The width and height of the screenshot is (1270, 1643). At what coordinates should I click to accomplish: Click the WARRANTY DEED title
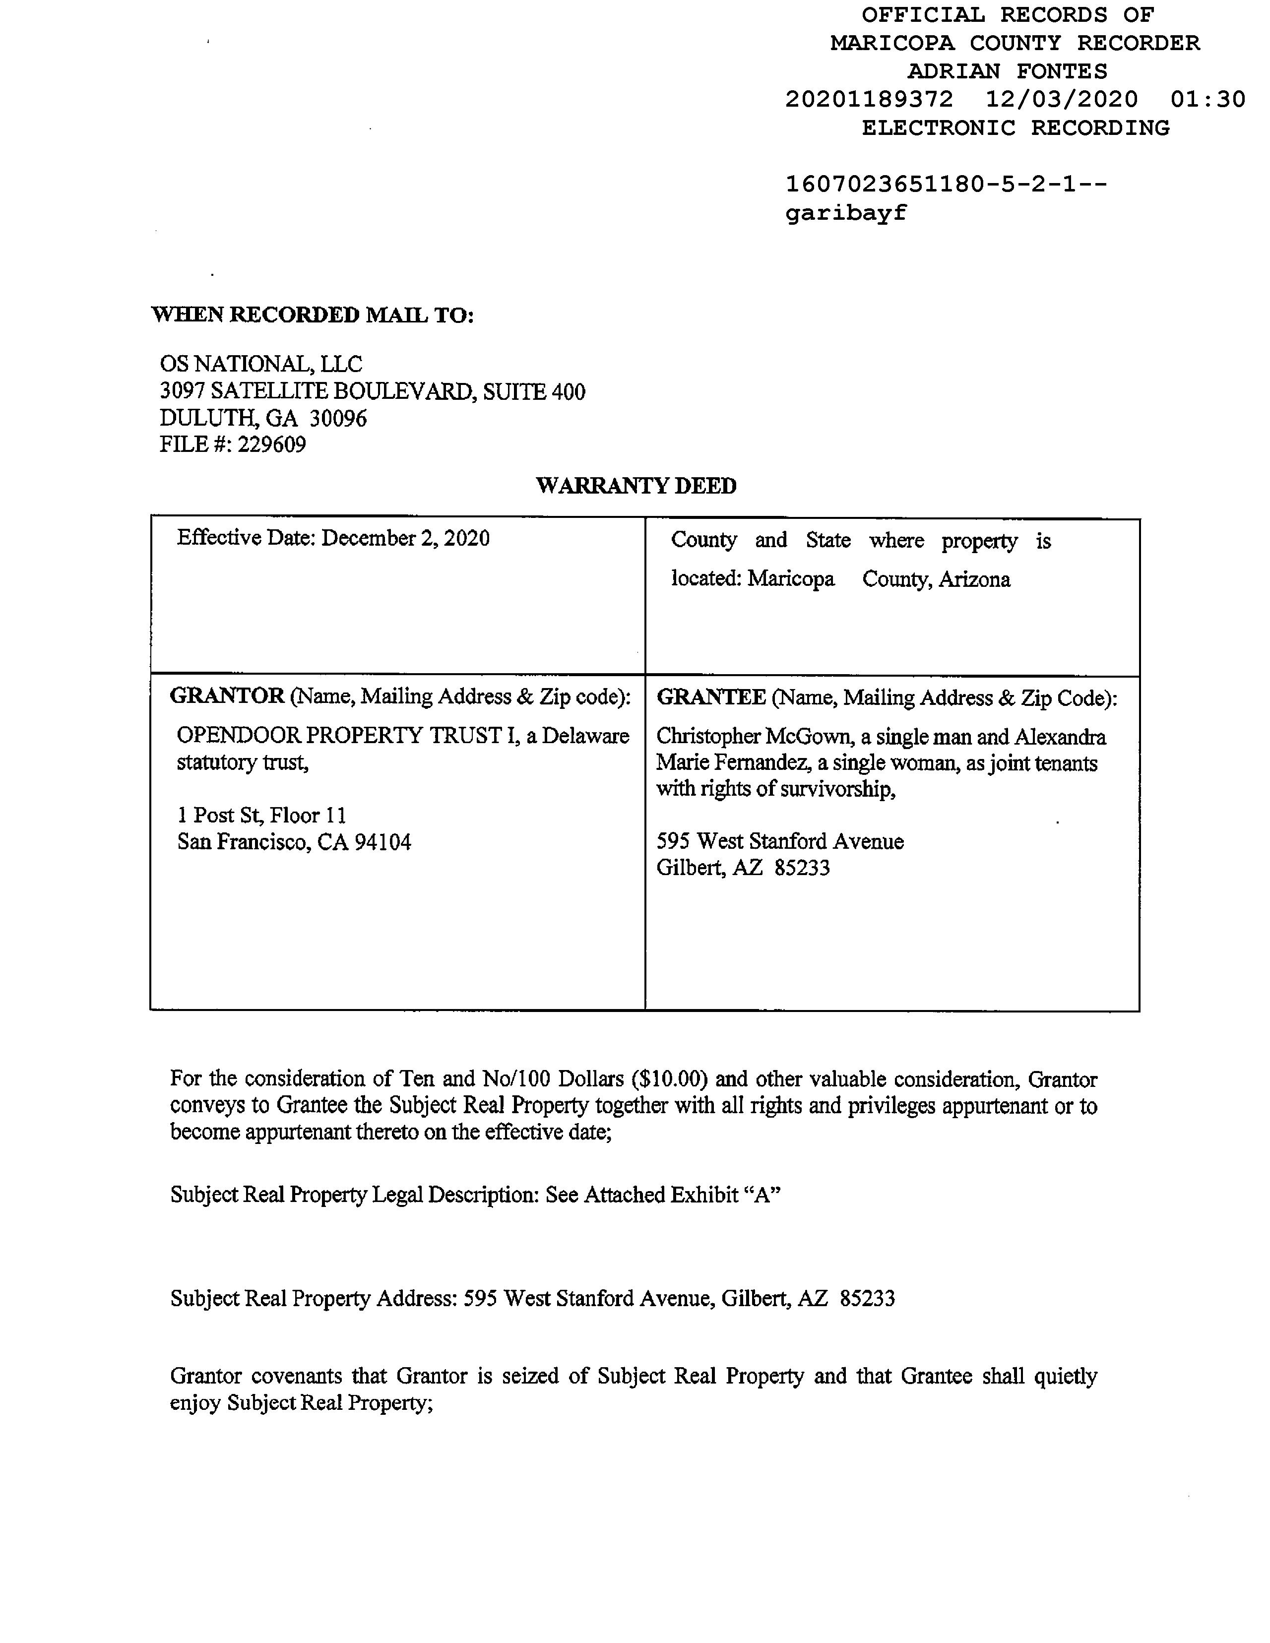tap(636, 486)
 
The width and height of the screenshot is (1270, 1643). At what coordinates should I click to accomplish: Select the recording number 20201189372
tap(869, 99)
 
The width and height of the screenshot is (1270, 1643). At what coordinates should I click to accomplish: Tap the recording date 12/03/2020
tap(1062, 99)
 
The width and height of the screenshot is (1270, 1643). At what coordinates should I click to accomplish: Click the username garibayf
tap(846, 214)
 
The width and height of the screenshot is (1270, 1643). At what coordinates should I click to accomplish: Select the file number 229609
tap(271, 444)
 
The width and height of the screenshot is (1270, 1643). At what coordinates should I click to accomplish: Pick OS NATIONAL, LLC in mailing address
tap(260, 364)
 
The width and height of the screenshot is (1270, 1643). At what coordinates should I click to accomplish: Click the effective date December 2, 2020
tap(405, 539)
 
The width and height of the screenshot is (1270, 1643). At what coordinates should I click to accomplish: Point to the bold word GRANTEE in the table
tap(711, 697)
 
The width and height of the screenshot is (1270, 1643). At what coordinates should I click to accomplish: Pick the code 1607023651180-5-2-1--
tap(946, 185)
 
